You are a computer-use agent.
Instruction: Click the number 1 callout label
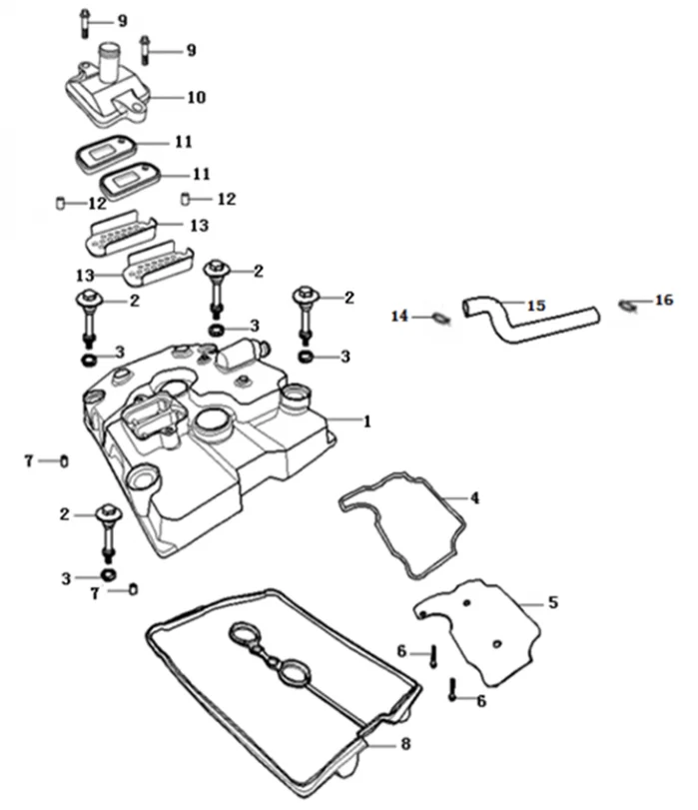tap(366, 421)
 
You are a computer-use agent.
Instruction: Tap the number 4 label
tap(475, 497)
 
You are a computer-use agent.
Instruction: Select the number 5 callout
tap(553, 602)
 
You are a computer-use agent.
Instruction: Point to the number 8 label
tap(405, 744)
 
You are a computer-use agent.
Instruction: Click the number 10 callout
tap(196, 97)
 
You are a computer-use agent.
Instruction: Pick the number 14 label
tap(399, 317)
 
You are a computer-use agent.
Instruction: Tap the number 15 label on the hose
tap(536, 305)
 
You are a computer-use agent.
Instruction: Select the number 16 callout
tap(664, 300)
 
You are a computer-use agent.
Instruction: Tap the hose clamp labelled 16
tap(627, 303)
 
